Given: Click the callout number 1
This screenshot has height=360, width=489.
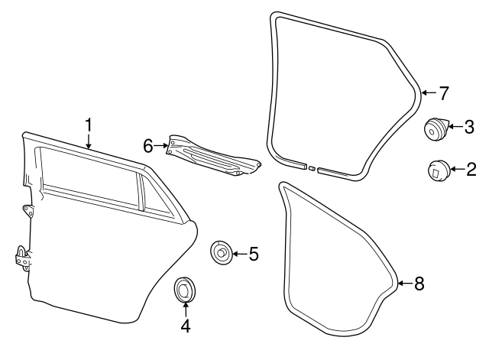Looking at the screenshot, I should (x=89, y=123).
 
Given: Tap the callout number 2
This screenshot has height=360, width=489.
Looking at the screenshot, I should (x=471, y=169).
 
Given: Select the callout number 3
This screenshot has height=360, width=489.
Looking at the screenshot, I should (x=471, y=126).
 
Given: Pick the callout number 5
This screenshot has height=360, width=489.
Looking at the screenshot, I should (x=254, y=253).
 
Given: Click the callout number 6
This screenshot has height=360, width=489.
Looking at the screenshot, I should (x=150, y=144).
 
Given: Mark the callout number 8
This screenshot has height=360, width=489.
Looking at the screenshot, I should (x=419, y=284).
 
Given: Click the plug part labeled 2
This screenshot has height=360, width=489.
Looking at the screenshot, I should (x=438, y=170).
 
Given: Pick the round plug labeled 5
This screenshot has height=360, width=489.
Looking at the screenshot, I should (x=222, y=252).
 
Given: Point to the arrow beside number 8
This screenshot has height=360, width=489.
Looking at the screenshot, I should (x=405, y=284).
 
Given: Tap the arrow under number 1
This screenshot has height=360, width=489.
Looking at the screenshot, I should (x=89, y=140).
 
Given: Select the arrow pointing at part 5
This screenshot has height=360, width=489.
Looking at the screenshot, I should (x=240, y=253).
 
